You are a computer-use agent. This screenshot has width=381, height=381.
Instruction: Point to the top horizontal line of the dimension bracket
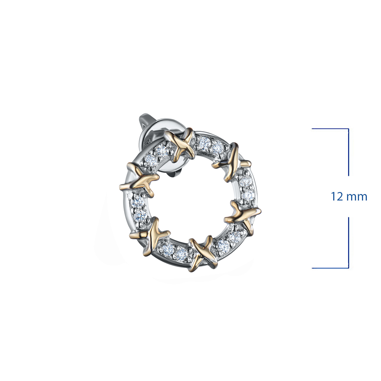[330, 129]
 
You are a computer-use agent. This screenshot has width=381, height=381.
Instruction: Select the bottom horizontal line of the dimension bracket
[330, 268]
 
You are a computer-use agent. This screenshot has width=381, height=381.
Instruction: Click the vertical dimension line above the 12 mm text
[348, 152]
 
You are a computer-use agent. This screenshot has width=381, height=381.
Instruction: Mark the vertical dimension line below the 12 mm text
[348, 242]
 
